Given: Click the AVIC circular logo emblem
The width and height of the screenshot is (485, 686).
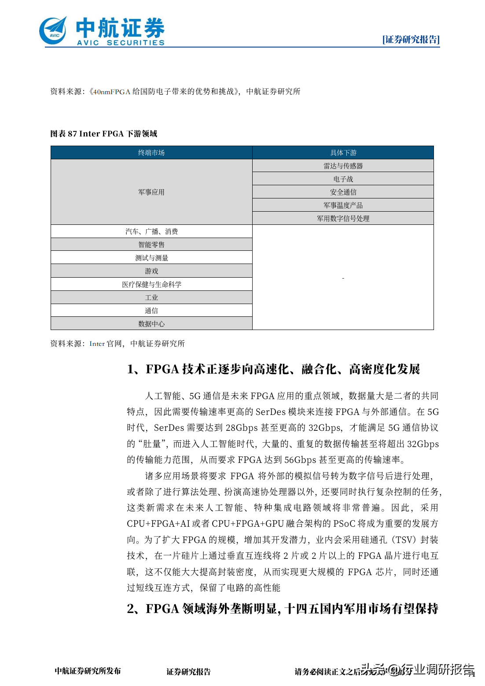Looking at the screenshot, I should coord(53,31).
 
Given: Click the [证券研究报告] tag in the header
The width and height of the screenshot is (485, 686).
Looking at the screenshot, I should coord(411,40).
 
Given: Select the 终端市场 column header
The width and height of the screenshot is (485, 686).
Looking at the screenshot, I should coord(151,153).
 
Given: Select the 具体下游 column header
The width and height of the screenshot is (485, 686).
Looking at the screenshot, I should coord(343,153).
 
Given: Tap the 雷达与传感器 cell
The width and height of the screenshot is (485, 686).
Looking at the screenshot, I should coord(343,166).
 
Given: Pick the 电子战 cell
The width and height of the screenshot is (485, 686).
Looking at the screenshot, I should coord(343,179).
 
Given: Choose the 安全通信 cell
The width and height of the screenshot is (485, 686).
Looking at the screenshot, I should coord(343,192).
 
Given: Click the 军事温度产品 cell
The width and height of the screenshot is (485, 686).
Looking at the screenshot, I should coord(343,205).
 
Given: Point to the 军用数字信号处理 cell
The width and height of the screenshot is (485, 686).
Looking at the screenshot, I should coord(343,219).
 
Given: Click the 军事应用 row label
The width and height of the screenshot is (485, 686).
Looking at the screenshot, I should coord(151,192).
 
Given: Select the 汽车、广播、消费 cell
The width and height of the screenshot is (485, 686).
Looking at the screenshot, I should coord(151,231).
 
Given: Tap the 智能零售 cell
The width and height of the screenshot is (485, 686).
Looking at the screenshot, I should coord(151,245).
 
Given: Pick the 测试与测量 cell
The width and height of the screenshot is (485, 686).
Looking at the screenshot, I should coord(151,258).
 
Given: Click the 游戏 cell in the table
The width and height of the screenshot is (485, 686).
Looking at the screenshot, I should coord(151,271).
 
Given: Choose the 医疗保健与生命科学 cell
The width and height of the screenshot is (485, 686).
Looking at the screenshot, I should coord(151,284).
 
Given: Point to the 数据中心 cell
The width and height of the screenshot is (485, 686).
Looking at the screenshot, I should coord(151,324).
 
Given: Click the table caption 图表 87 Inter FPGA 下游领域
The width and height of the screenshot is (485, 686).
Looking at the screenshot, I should coord(104,134).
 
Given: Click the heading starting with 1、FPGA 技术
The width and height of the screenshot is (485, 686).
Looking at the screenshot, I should coord(273,369).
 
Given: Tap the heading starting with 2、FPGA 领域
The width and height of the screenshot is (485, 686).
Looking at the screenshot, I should coord(282,609).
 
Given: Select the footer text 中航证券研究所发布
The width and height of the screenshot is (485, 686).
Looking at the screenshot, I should coord(88,671).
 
